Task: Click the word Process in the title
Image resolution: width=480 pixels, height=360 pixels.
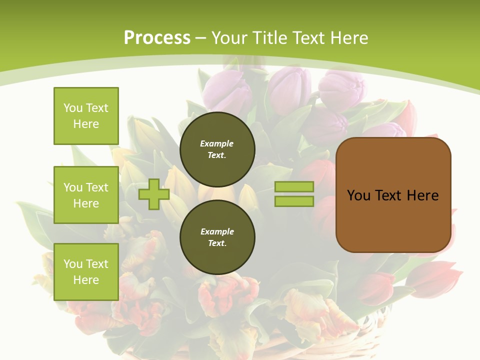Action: pos(157,38)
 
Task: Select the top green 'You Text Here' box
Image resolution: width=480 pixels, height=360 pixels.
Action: pos(86,116)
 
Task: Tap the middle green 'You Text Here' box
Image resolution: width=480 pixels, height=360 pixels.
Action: pos(86,195)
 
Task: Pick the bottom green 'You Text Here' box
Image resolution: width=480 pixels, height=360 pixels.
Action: pos(86,272)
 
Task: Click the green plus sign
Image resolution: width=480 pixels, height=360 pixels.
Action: pos(154,194)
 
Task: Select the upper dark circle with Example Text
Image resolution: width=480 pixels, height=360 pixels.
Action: pos(217,149)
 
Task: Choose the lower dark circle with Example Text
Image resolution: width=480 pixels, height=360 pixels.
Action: pos(217,237)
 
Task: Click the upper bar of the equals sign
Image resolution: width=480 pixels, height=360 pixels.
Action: pos(294,186)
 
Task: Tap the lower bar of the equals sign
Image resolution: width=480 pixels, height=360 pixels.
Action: pos(294,201)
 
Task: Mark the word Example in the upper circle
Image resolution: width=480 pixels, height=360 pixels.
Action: pos(217,143)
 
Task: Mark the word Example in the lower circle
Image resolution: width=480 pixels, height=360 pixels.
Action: pos(217,231)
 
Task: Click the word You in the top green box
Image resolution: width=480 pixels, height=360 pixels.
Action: pos(73,108)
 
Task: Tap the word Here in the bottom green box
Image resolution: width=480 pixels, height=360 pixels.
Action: pos(86,280)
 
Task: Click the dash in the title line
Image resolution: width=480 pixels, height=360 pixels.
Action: pos(201,38)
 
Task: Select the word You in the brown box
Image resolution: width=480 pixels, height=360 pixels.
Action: pos(358,195)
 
